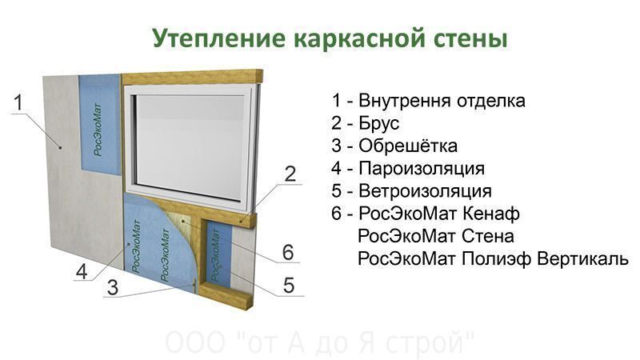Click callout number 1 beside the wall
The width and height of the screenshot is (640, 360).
tap(18, 102)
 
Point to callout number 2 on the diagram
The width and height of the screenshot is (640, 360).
tap(290, 174)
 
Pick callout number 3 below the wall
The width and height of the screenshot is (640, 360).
tap(112, 287)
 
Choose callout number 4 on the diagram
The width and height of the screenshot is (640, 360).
tap(82, 271)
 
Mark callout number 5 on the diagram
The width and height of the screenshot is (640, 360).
tap(289, 286)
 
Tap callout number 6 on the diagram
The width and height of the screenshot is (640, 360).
tap(288, 252)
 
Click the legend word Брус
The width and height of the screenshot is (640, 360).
tap(378, 124)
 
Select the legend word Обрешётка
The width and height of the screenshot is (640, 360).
tap(408, 146)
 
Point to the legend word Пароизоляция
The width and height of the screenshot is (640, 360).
tap(422, 169)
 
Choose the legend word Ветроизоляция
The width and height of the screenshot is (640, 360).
tap(425, 191)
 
